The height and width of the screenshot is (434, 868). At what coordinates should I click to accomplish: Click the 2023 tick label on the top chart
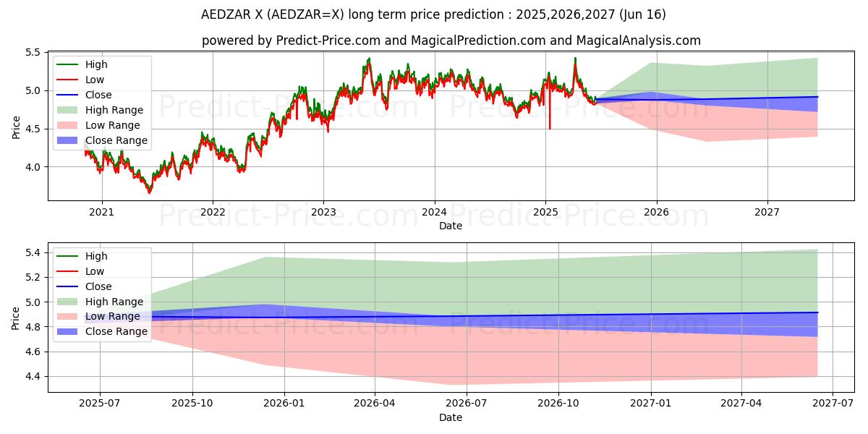click(323, 212)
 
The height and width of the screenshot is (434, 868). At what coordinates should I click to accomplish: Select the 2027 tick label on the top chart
click(767, 212)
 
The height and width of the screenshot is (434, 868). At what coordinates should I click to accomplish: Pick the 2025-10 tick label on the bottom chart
click(192, 404)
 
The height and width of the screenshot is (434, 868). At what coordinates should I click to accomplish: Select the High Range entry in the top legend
click(114, 110)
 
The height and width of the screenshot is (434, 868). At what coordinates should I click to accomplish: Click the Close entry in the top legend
click(98, 95)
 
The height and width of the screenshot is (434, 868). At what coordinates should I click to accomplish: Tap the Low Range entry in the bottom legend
click(113, 316)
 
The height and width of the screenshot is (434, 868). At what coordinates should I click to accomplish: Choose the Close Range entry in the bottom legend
click(116, 331)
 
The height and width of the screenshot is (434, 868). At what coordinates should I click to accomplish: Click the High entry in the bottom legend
click(95, 256)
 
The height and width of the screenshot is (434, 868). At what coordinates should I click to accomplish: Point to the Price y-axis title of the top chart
click(17, 127)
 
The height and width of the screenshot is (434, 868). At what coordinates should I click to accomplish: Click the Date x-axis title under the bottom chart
click(451, 417)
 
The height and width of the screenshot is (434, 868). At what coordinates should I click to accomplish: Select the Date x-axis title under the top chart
click(451, 226)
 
